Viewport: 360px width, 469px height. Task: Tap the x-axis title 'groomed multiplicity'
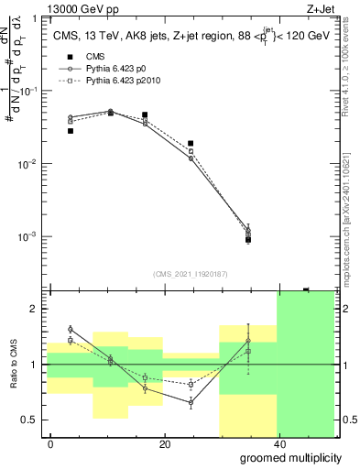(291, 456)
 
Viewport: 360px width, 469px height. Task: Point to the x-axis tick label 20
(164, 443)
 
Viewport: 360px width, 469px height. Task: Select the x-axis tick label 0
(50, 443)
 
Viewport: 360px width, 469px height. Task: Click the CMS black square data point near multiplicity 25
(191, 144)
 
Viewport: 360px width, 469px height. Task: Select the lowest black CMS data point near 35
(248, 240)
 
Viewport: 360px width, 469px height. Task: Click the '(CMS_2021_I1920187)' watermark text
(191, 274)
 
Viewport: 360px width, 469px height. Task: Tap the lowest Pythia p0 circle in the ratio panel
(191, 402)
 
